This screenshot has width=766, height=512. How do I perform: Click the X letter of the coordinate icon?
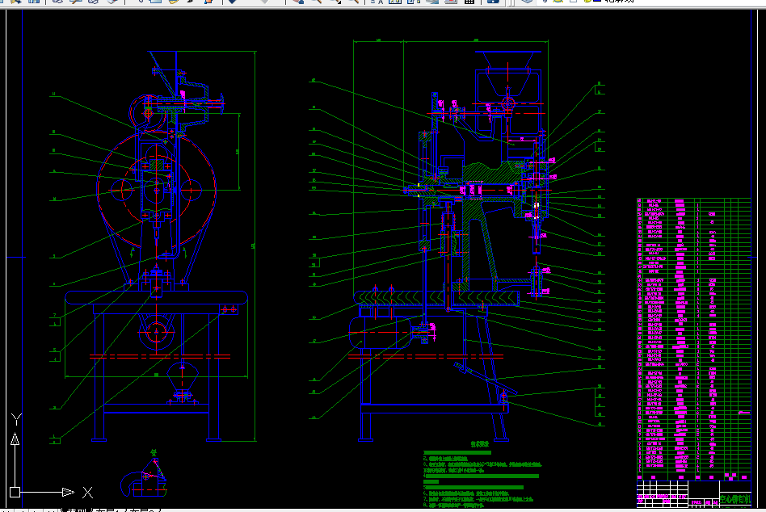87,492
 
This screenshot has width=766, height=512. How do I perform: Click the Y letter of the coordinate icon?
15,419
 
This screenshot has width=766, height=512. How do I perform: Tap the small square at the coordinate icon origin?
15,492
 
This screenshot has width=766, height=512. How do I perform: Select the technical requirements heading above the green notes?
482,444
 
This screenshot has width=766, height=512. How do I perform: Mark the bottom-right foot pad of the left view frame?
214,439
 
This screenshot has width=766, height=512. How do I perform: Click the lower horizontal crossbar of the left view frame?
159,409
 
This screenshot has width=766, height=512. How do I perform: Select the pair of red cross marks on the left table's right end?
229,308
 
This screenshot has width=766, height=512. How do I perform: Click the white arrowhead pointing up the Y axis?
15,439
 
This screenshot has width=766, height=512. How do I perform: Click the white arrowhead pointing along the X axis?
68,492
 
